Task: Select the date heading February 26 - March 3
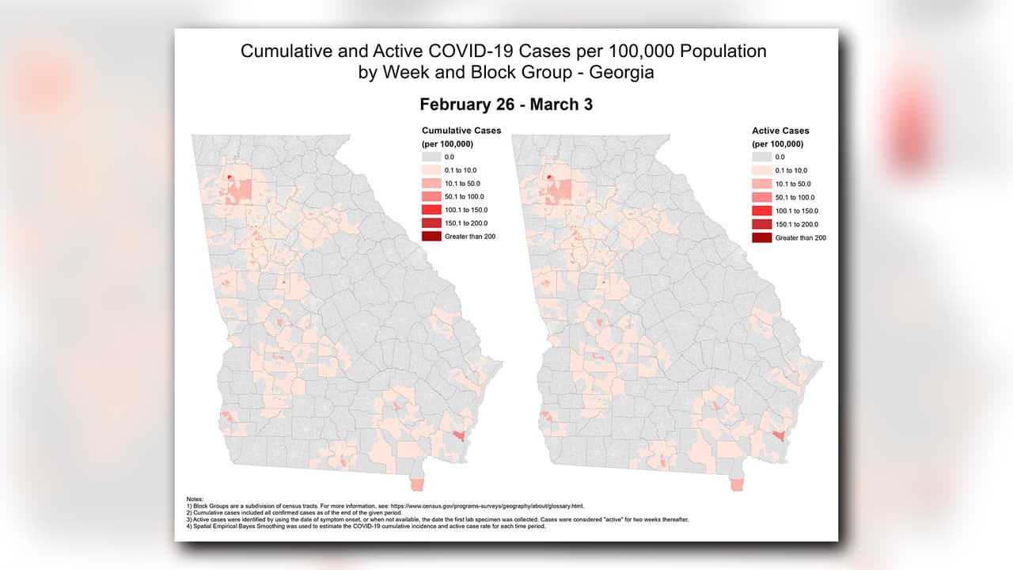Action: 506,105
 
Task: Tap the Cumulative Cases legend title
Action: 461,131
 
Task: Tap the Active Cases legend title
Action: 780,131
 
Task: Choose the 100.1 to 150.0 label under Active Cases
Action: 797,211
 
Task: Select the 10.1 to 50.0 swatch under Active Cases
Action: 761,184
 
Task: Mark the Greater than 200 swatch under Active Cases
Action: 761,237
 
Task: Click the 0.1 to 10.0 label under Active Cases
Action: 792,171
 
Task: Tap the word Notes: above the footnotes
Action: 195,499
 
